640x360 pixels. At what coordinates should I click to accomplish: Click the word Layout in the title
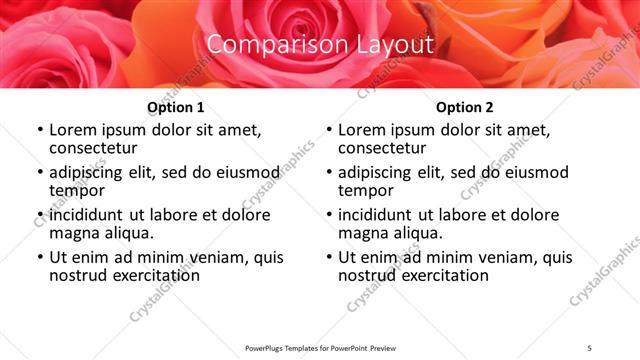pos(395,45)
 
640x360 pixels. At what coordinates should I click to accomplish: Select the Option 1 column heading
pos(176,107)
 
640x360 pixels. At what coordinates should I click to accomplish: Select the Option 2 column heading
pos(465,107)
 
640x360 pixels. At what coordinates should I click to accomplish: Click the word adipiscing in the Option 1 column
pos(90,172)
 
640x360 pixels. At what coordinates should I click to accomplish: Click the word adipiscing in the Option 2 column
pos(379,172)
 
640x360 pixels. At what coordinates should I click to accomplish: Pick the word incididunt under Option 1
pos(89,215)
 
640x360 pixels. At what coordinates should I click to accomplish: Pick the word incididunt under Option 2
pos(378,215)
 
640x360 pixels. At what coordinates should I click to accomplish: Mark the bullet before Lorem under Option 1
pos(39,131)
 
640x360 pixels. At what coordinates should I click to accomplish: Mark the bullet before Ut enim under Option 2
pos(328,258)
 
